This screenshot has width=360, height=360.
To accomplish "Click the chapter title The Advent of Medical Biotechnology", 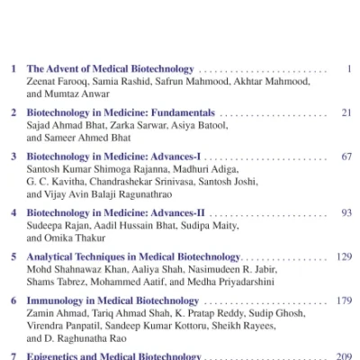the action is pos(111,68).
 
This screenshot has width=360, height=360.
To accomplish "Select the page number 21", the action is pos(346,112).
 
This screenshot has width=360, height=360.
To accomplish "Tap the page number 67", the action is pos(346,157).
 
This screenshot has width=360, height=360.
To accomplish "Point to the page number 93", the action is pos(346,212).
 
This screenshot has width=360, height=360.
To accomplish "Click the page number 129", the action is pos(343,256).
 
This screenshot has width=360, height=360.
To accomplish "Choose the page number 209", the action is pos(343,356).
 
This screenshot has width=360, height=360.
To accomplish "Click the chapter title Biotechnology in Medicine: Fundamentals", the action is pos(121,112).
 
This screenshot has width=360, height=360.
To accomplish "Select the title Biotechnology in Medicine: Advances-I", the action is pos(114,157).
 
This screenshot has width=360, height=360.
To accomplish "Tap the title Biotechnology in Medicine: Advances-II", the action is pos(116,212).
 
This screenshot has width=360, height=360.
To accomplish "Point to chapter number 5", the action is pos(13,256).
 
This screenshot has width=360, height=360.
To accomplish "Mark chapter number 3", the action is pos(13,157).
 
